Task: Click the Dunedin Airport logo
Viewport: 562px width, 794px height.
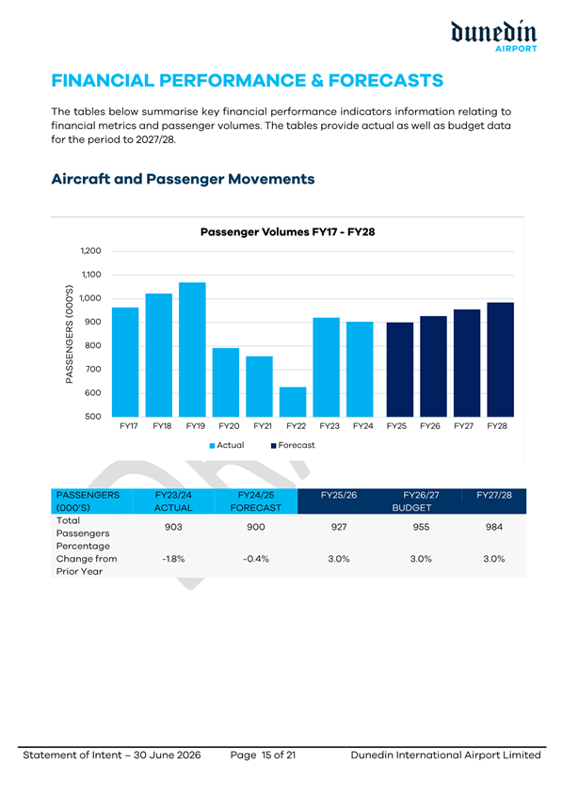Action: pyautogui.click(x=493, y=37)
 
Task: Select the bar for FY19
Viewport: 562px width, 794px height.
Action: pyautogui.click(x=193, y=349)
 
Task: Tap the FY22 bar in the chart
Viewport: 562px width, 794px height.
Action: pyautogui.click(x=293, y=402)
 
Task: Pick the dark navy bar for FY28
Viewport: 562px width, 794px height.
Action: pyautogui.click(x=500, y=359)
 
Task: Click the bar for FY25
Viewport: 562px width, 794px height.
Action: pyautogui.click(x=400, y=370)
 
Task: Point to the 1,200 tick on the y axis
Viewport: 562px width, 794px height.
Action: pyautogui.click(x=91, y=251)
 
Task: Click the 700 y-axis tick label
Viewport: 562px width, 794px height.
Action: pyautogui.click(x=94, y=369)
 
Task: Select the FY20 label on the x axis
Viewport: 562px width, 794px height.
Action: pyautogui.click(x=229, y=426)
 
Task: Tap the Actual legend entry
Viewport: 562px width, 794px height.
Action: pyautogui.click(x=227, y=445)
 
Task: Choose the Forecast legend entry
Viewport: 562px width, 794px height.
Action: pyautogui.click(x=293, y=445)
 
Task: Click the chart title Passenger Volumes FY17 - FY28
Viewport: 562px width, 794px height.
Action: pyautogui.click(x=288, y=232)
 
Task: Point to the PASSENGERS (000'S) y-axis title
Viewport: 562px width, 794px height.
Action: pyautogui.click(x=70, y=334)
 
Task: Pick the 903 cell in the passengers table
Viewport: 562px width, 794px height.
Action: pyautogui.click(x=173, y=527)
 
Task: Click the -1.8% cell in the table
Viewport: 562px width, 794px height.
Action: pyautogui.click(x=173, y=559)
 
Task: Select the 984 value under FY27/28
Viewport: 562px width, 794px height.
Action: pyautogui.click(x=494, y=527)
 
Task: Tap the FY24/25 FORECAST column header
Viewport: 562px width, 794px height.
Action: pyautogui.click(x=256, y=501)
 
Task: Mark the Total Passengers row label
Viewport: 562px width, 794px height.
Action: pyautogui.click(x=75, y=527)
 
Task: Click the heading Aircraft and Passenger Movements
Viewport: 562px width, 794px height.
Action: pyautogui.click(x=183, y=179)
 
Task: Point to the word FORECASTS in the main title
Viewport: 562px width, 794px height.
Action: pyautogui.click(x=386, y=81)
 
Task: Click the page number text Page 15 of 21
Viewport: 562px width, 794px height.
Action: pyautogui.click(x=263, y=755)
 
